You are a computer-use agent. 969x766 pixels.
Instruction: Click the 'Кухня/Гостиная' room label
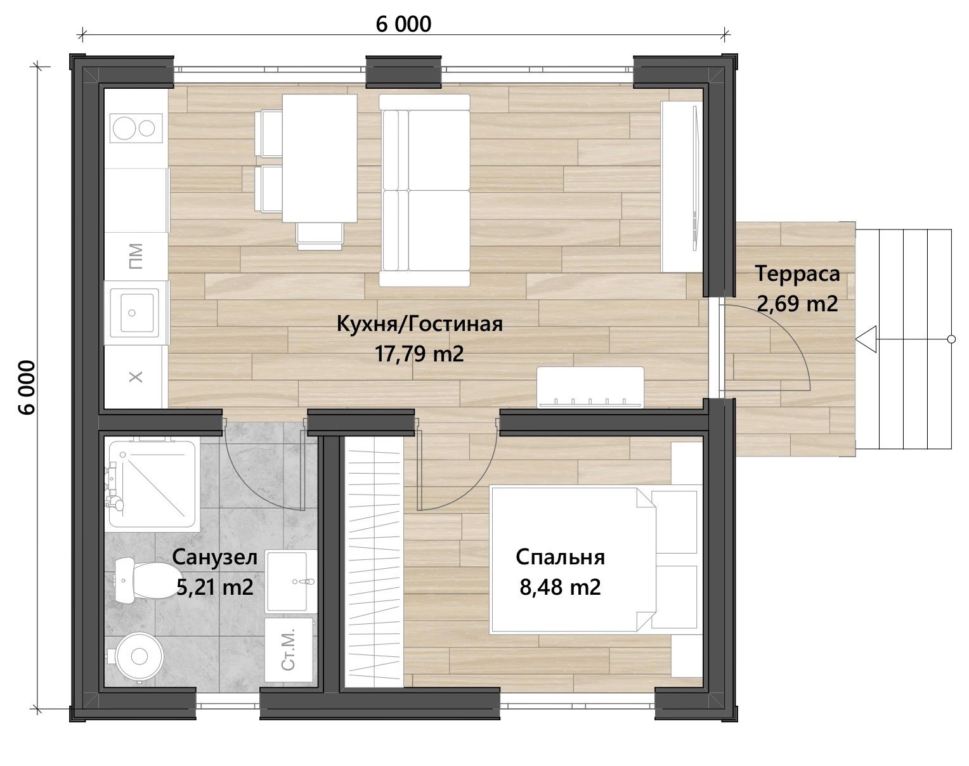click(419, 324)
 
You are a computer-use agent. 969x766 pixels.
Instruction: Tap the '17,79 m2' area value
click(419, 354)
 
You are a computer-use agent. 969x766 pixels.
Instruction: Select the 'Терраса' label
click(797, 274)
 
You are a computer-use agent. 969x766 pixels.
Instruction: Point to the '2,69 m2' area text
click(797, 304)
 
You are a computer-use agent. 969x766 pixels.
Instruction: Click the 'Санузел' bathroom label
click(214, 558)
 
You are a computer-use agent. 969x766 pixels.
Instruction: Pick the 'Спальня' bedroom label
click(560, 557)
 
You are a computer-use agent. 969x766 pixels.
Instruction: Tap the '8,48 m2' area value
click(560, 587)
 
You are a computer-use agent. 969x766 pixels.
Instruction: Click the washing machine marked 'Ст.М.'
click(288, 650)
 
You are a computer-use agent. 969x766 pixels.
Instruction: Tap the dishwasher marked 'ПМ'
click(136, 256)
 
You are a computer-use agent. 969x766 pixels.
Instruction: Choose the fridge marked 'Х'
click(136, 377)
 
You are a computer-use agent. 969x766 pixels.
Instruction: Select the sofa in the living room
click(424, 190)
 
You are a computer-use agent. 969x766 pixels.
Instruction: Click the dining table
click(320, 158)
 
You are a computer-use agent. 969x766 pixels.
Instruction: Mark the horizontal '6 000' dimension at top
click(403, 24)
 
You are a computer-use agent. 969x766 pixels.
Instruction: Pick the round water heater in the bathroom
click(139, 656)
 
